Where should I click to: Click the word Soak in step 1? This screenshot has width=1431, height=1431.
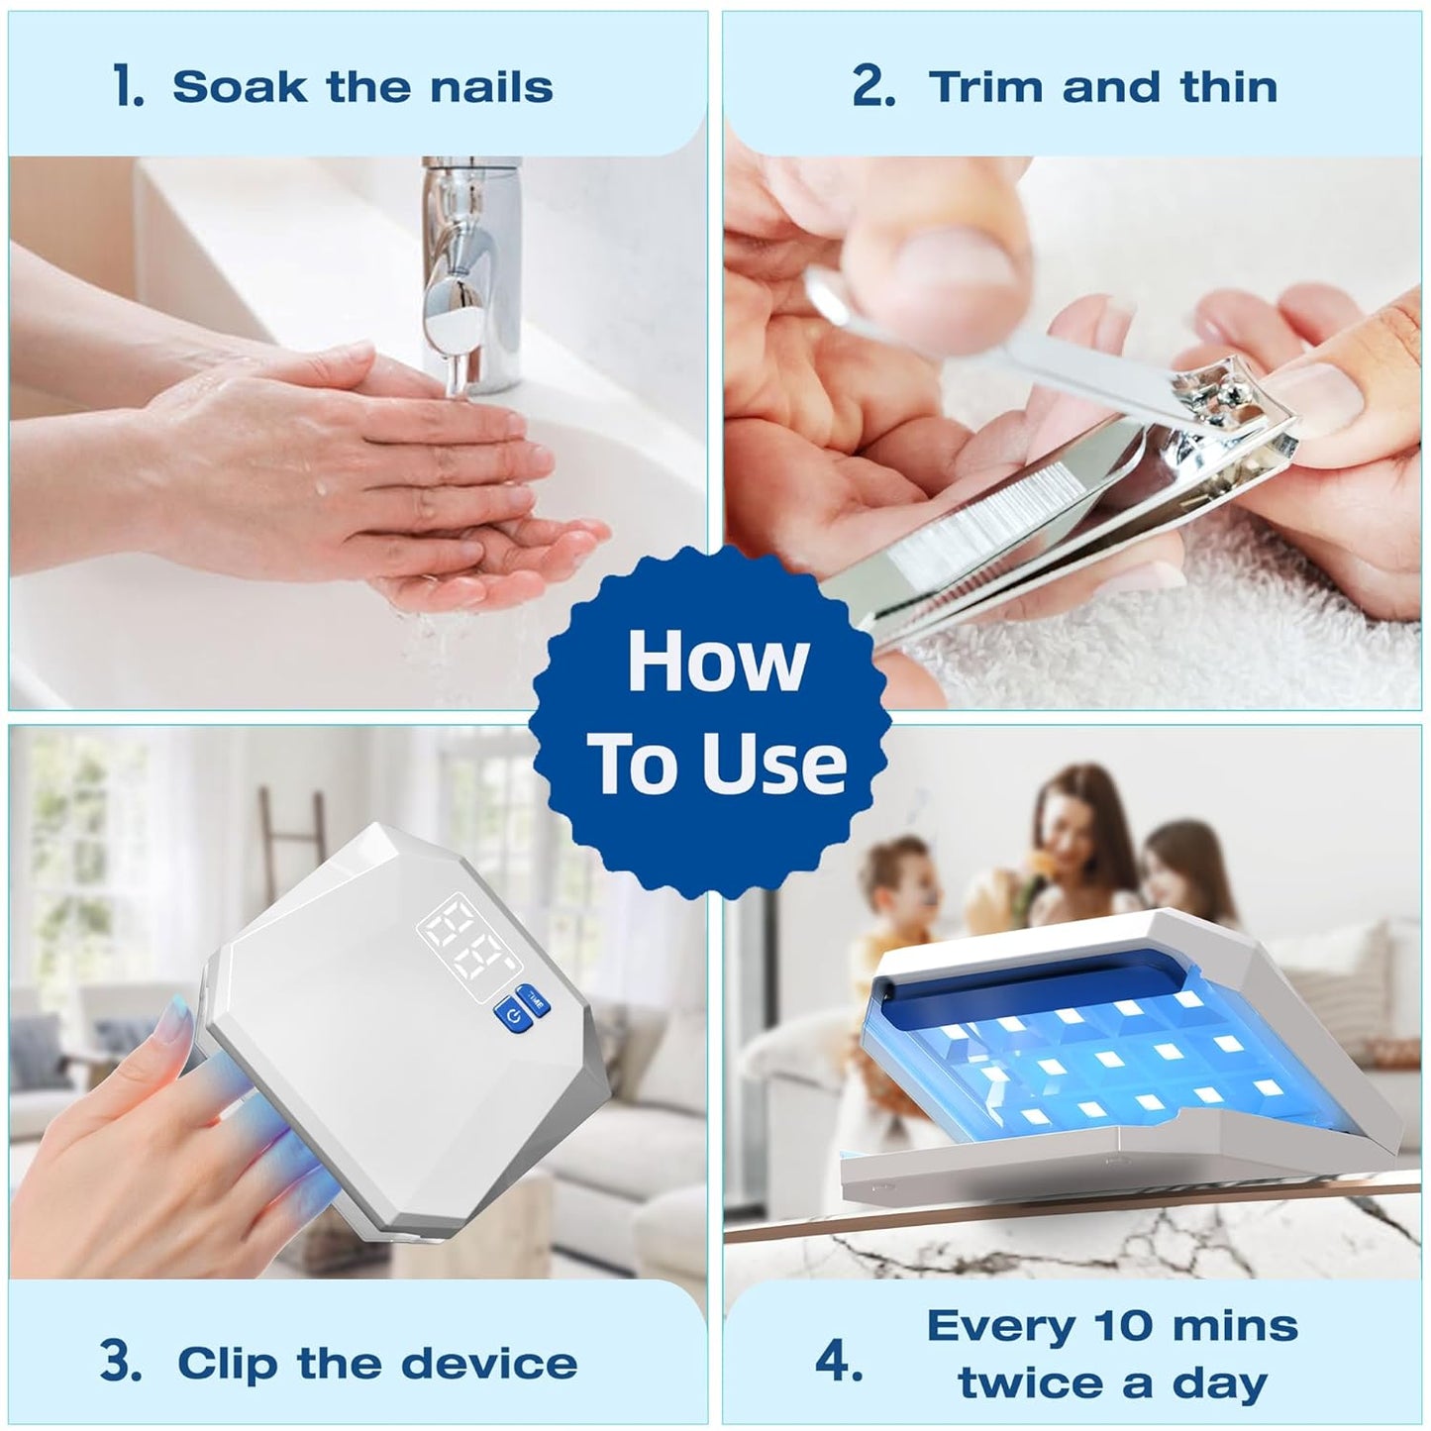239,87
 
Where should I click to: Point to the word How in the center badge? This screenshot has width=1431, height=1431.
717,660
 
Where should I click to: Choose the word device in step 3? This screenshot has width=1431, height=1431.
488,1320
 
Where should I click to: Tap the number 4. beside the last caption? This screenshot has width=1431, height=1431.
839,1319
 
